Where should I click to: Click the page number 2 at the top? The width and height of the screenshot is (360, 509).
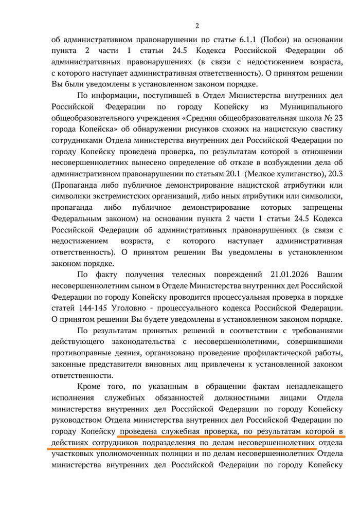[x=196, y=26]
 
